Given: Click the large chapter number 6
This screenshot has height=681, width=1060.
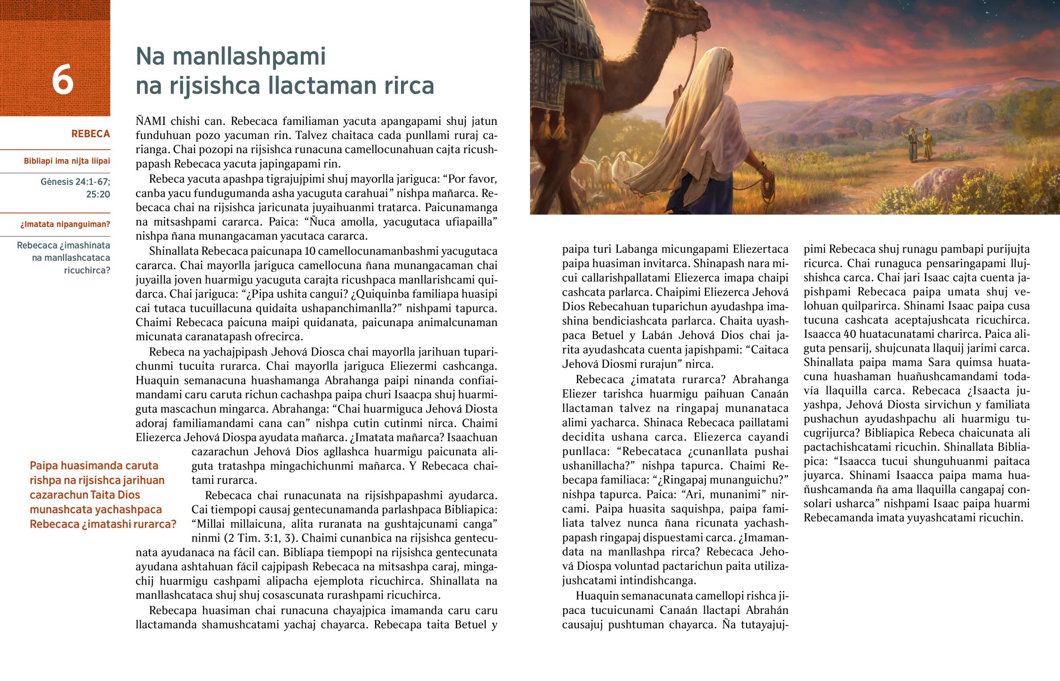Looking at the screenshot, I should [62, 79].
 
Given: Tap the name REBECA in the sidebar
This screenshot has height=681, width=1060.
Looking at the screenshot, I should [90, 134].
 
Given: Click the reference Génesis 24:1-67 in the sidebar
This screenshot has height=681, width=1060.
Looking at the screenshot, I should [75, 182].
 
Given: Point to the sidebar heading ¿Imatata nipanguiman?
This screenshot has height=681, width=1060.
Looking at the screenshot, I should [65, 224].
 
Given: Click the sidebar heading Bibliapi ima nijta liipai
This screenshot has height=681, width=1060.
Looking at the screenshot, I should [67, 161].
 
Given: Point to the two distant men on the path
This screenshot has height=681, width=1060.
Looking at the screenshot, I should [919, 145].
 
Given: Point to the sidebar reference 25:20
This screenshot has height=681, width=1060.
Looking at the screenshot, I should [98, 194].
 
